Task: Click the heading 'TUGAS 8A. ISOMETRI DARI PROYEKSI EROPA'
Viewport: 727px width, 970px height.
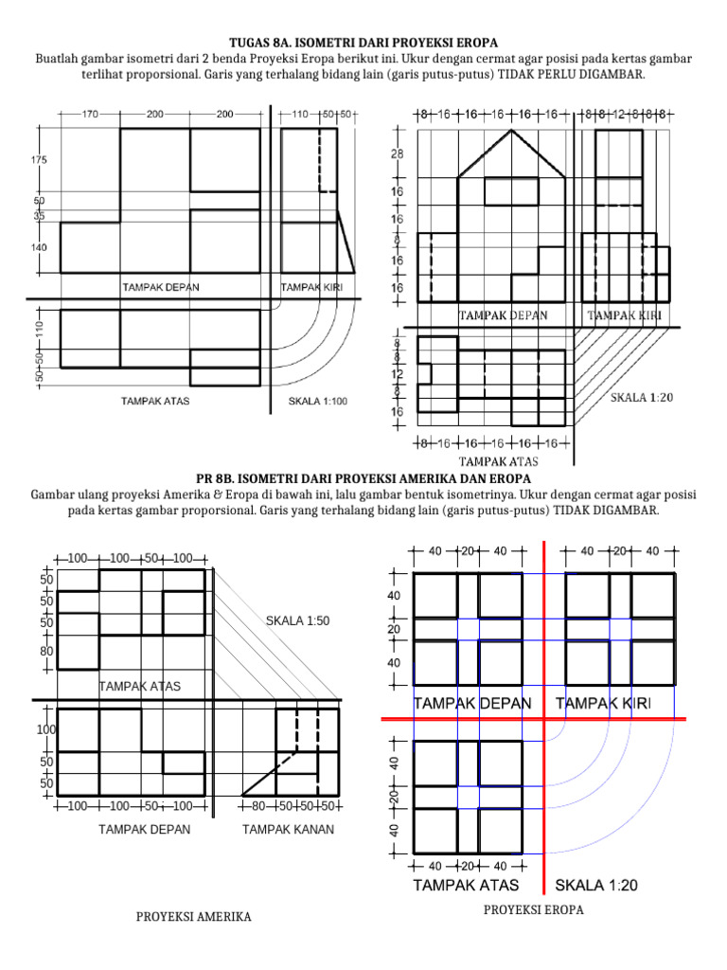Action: [363, 44]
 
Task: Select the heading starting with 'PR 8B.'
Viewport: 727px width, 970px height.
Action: [363, 478]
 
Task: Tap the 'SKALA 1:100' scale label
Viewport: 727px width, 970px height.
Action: [317, 401]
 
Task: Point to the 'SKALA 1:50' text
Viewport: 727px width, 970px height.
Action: [297, 620]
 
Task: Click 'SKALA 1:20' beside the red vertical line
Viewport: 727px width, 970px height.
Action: [596, 886]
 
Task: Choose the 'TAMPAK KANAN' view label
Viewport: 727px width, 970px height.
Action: [288, 830]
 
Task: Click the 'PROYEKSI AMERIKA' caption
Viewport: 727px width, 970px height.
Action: [193, 918]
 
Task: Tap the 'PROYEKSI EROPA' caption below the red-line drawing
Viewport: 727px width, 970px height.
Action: [534, 909]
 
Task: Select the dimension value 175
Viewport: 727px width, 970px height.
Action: [39, 161]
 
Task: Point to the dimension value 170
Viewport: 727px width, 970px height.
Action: [90, 114]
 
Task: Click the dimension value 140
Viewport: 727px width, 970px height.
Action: [39, 246]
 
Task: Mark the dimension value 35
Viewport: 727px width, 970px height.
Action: [39, 216]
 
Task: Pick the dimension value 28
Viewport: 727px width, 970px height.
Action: [398, 153]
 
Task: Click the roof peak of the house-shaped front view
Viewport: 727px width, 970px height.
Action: [512, 131]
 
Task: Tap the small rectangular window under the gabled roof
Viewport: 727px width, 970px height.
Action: [511, 191]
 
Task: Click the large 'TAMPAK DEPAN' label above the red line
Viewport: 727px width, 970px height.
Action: [471, 703]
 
